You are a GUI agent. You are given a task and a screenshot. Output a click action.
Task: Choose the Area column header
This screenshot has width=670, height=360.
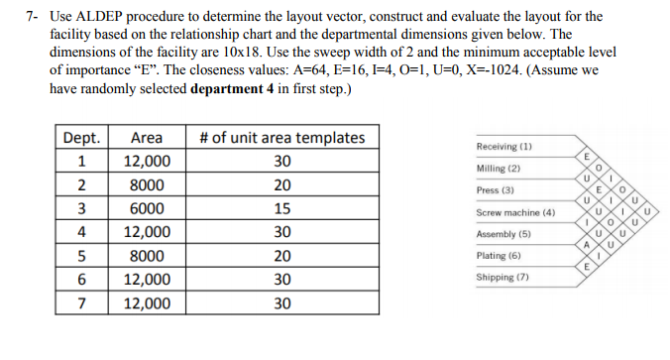pos(147,138)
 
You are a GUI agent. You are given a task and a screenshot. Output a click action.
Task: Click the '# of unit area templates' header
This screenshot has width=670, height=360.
pos(281,138)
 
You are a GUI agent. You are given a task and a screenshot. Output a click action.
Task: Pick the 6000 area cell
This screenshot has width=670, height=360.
pos(147,208)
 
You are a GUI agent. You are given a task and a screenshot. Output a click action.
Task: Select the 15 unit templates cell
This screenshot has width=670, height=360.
pos(281,208)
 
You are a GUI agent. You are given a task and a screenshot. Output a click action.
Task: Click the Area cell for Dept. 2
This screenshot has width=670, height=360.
pos(147,185)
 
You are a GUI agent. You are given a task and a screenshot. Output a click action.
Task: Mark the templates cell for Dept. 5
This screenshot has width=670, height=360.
pos(281,256)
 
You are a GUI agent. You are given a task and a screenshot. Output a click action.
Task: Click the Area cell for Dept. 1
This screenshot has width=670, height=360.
pos(147,162)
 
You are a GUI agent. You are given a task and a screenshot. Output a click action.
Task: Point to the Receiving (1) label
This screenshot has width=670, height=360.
pos(504,146)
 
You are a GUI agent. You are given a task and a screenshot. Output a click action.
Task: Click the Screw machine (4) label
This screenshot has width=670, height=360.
pos(515,212)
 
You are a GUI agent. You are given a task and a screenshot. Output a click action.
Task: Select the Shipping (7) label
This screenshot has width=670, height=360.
pos(502,278)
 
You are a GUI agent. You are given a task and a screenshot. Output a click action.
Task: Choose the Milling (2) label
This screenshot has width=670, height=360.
pos(499,169)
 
